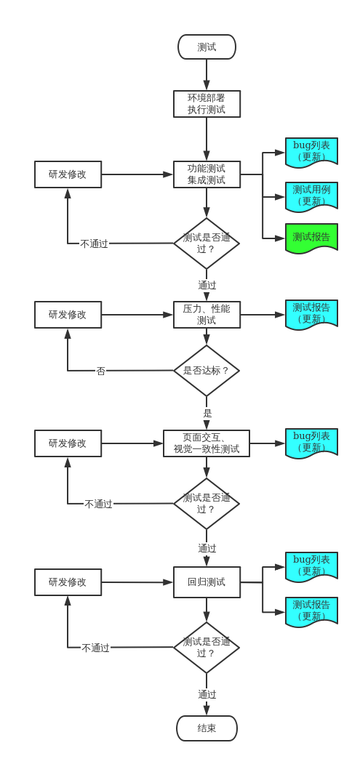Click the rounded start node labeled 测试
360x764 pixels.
pyautogui.click(x=207, y=47)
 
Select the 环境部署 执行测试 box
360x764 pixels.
pyautogui.click(x=207, y=104)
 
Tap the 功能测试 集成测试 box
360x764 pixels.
pyautogui.click(x=207, y=174)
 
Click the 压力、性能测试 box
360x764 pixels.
pyautogui.click(x=207, y=315)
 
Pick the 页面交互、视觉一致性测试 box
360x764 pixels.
pyautogui.click(x=207, y=443)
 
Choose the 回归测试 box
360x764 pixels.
pyautogui.click(x=207, y=582)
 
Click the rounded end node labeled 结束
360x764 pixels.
pyautogui.click(x=207, y=728)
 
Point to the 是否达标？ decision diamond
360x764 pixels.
pyautogui.click(x=207, y=371)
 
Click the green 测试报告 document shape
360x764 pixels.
pyautogui.click(x=311, y=238)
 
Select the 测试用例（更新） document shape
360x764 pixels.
pyautogui.click(x=311, y=196)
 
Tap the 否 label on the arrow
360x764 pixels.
pyautogui.click(x=100, y=371)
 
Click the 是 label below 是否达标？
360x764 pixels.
pyautogui.click(x=207, y=414)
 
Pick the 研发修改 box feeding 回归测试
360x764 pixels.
pyautogui.click(x=68, y=582)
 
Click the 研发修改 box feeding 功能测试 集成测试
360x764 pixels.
pyautogui.click(x=68, y=174)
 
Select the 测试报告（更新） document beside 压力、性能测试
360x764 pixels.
pyautogui.click(x=311, y=314)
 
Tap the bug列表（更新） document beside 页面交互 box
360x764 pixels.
pyautogui.click(x=311, y=443)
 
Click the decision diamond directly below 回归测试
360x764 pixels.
pyautogui.click(x=207, y=647)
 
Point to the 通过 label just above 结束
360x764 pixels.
pyautogui.click(x=207, y=694)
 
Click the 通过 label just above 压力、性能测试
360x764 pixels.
pyautogui.click(x=207, y=285)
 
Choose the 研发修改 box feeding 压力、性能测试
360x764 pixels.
pyautogui.click(x=68, y=315)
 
